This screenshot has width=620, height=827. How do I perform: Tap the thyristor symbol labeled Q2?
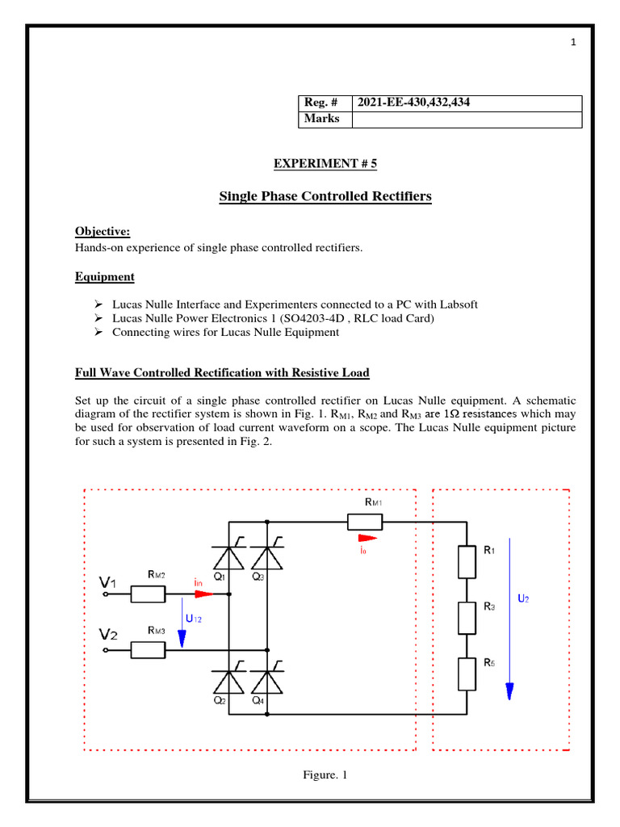click(x=230, y=683)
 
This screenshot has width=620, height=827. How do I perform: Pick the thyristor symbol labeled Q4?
click(x=268, y=683)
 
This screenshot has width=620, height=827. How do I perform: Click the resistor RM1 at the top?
click(x=370, y=522)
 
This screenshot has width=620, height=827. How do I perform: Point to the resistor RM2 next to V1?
click(x=148, y=594)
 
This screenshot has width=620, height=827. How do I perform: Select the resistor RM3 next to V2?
click(x=148, y=649)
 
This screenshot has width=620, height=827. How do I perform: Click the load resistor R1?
click(x=467, y=561)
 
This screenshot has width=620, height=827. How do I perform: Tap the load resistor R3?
click(x=467, y=617)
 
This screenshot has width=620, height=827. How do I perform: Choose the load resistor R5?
click(x=467, y=674)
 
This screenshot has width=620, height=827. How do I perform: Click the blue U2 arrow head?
click(x=509, y=691)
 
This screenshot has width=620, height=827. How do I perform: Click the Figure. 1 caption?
click(x=325, y=775)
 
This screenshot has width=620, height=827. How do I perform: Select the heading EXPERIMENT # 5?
click(x=325, y=163)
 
